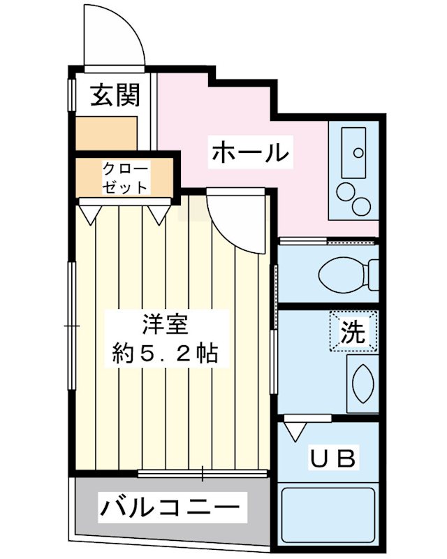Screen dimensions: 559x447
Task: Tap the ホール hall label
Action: (250, 152)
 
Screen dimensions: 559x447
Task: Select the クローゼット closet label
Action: (125, 178)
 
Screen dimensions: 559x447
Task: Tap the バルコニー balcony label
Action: (173, 504)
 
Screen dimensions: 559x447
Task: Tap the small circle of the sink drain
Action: (358, 151)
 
